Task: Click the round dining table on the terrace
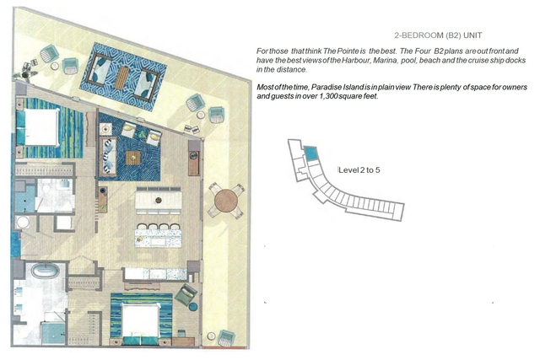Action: coord(226,201)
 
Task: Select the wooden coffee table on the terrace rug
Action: coord(121,78)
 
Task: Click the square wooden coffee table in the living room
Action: coord(133,158)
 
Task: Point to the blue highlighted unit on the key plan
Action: coord(311,153)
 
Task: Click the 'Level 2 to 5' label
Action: coord(359,170)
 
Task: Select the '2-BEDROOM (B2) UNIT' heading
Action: coord(438,35)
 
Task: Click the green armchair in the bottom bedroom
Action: coord(186,294)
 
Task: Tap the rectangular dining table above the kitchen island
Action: coord(159,200)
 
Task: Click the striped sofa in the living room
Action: coord(108,157)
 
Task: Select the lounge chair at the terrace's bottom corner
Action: coord(226,338)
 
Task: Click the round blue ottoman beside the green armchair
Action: coord(193,306)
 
